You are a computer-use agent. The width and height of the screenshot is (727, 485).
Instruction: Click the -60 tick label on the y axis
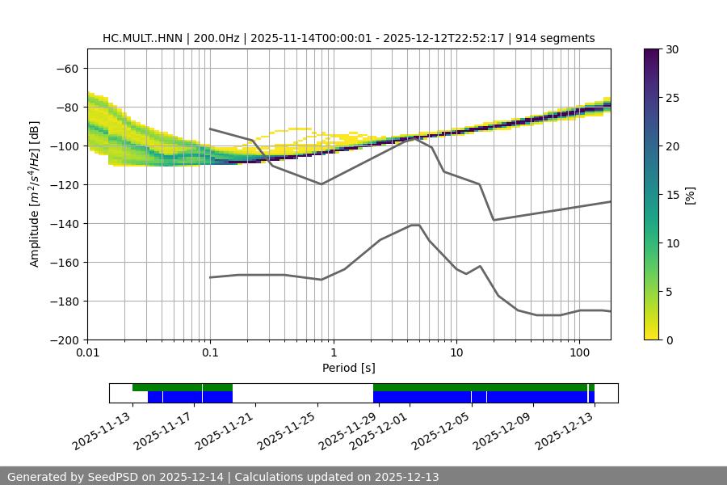67,68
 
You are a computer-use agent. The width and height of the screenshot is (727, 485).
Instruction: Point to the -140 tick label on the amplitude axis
64,223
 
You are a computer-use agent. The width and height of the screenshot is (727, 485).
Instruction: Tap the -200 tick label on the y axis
64,339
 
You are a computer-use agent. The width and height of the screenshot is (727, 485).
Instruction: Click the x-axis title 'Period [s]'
349,368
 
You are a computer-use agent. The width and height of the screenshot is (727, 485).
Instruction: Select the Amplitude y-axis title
35,194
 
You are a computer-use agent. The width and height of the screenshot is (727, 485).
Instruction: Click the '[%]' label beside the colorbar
689,195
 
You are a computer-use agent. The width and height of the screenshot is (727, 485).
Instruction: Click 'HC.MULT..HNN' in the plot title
142,38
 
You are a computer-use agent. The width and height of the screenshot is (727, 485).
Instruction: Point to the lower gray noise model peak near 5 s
415,225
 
